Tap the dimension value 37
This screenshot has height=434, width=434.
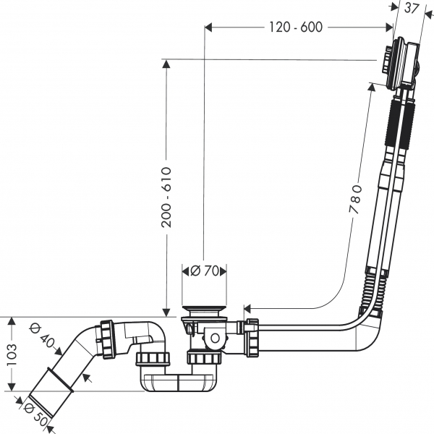tap(412, 8)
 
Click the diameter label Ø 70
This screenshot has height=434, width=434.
tap(205, 271)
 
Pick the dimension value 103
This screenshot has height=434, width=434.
tap(9, 354)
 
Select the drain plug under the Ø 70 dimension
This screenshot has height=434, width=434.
tap(204, 310)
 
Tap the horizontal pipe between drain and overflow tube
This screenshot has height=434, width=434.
tap(304, 334)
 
